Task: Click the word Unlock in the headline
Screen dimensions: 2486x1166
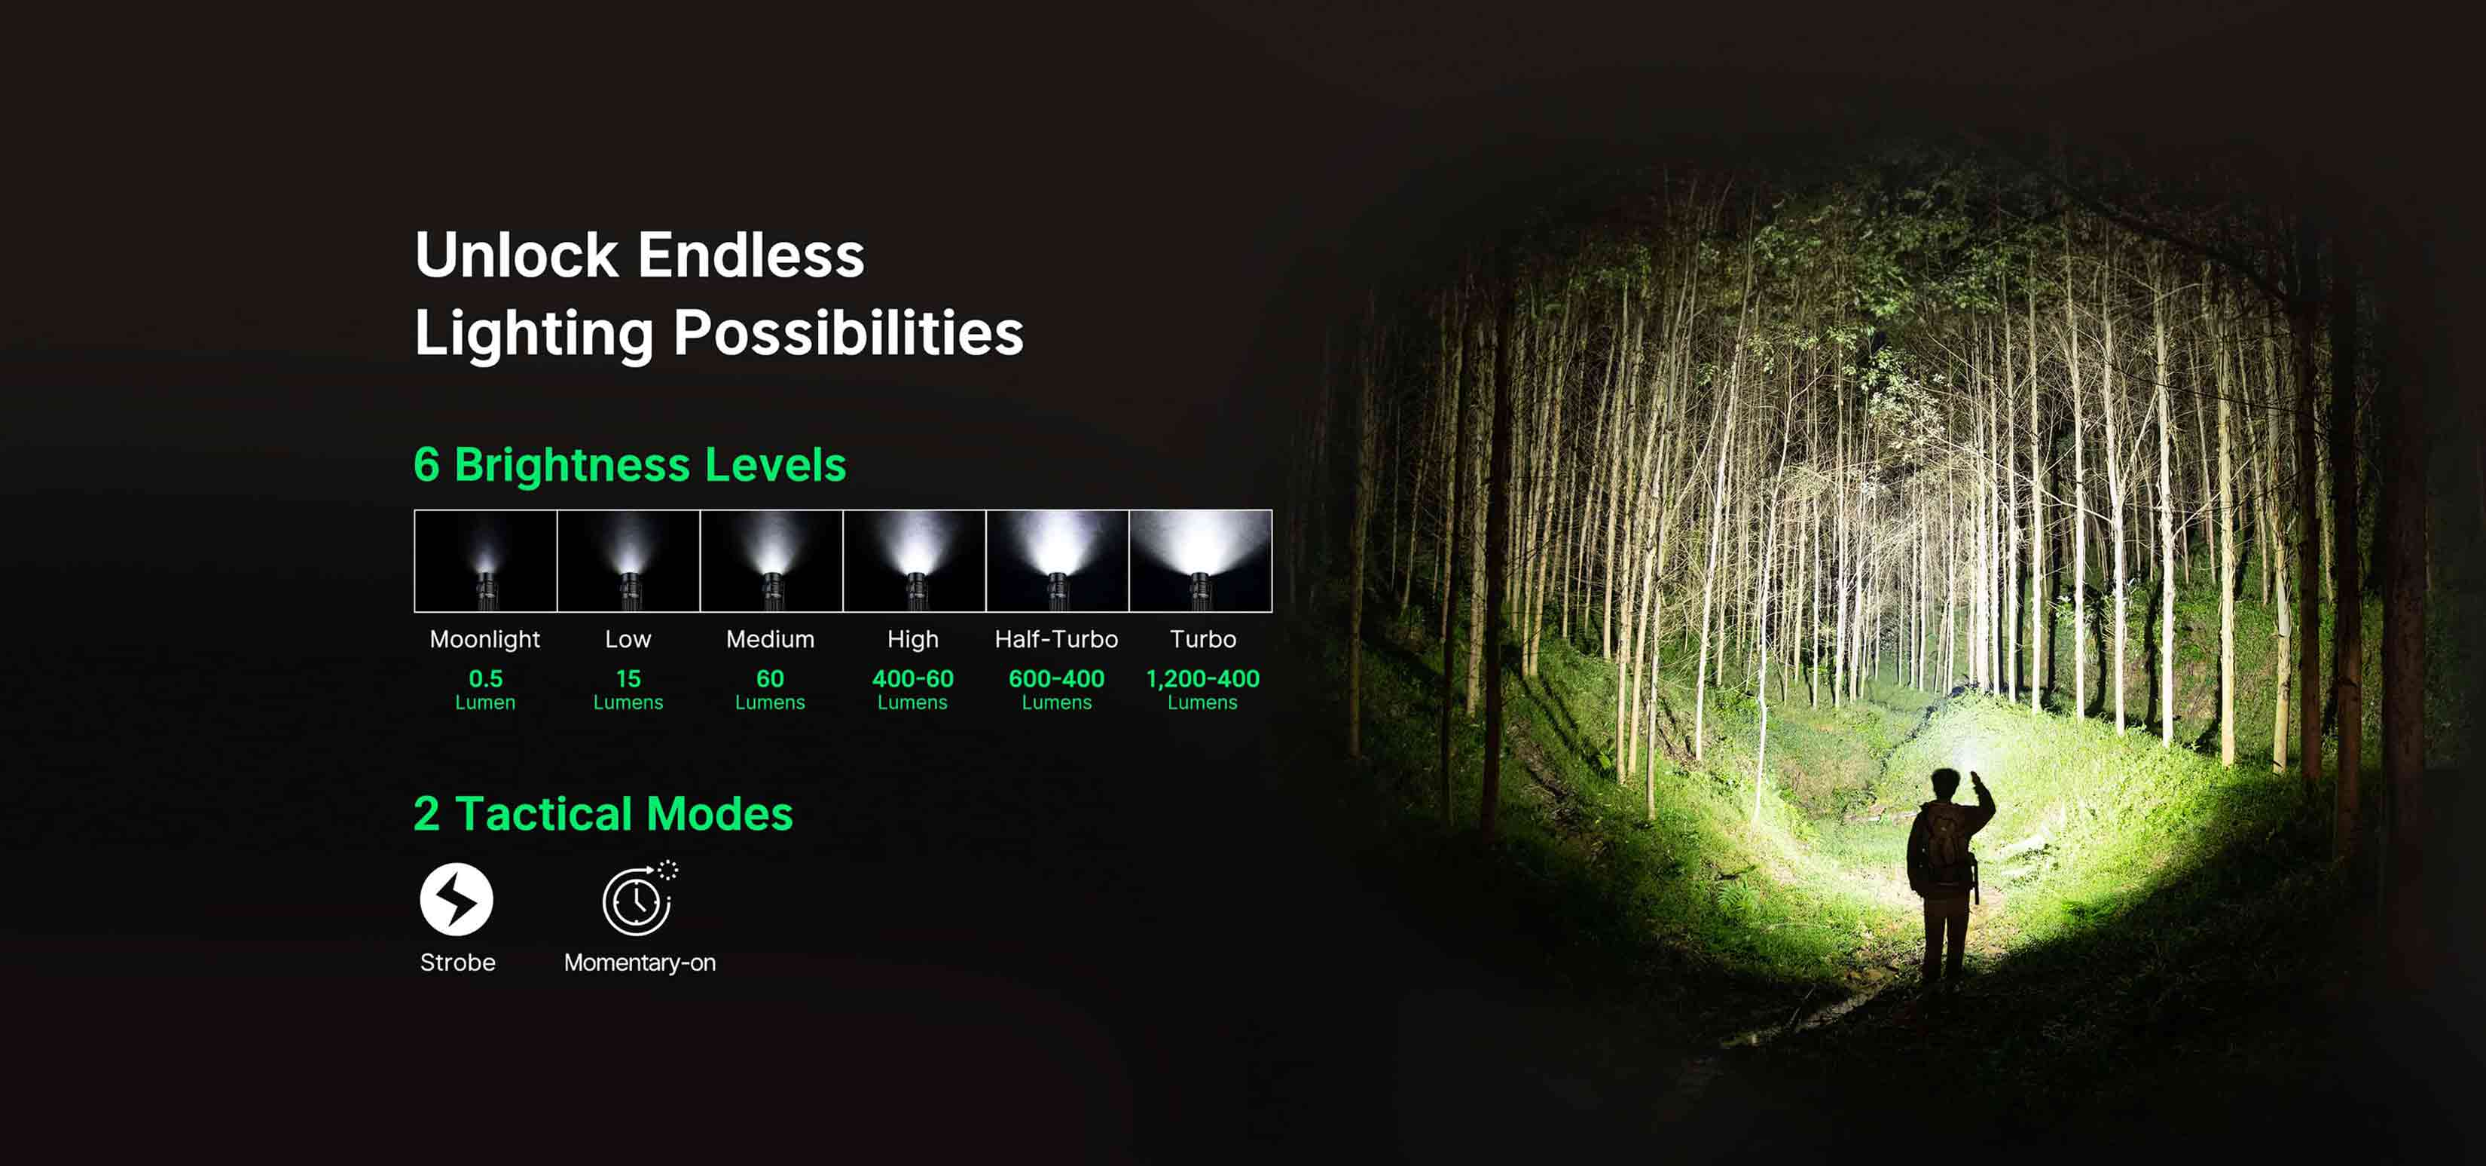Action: (516, 255)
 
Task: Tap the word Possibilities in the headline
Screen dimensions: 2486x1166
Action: (848, 334)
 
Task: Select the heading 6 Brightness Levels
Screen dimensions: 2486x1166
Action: (629, 464)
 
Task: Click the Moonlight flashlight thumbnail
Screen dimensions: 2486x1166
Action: (485, 561)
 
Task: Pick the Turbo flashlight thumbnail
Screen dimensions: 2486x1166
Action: (1201, 561)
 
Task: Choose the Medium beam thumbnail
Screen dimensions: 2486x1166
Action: (771, 561)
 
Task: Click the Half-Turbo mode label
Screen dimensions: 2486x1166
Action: (1057, 639)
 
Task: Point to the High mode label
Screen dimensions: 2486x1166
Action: (913, 640)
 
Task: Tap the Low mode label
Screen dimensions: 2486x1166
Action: (628, 639)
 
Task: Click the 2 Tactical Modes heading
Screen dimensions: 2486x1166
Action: (603, 814)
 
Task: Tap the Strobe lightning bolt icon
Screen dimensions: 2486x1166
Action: (457, 900)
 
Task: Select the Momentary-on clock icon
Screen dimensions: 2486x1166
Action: (640, 898)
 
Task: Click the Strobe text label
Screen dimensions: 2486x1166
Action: (457, 962)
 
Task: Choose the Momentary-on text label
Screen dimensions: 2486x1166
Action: (640, 963)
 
